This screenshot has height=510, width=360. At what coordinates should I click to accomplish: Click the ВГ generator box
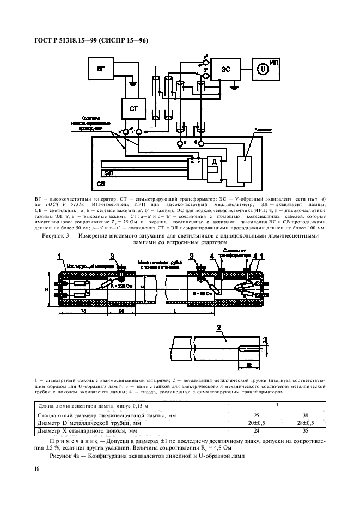point(101,70)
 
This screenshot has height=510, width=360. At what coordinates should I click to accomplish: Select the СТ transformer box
point(133,109)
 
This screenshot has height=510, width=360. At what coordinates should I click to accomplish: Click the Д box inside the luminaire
point(214,162)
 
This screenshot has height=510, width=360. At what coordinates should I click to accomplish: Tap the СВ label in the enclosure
point(102,184)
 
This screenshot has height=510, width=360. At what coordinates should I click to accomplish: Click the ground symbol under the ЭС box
point(234,87)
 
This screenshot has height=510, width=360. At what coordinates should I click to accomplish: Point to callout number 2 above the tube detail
point(218,327)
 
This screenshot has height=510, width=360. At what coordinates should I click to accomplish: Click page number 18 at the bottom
point(36,469)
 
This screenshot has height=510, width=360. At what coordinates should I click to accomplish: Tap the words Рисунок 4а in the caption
point(66,455)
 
